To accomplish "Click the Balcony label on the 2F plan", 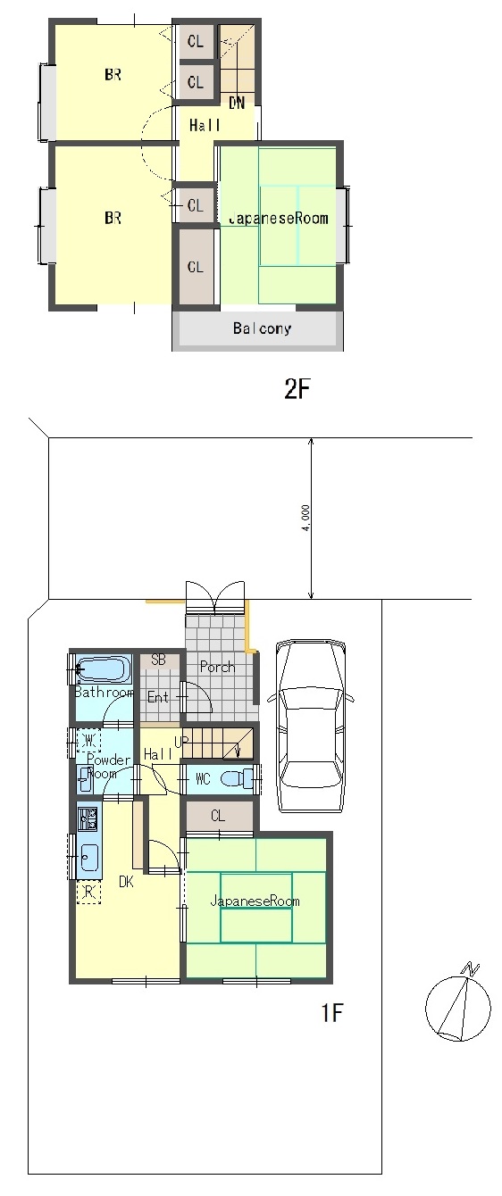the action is (x=262, y=328).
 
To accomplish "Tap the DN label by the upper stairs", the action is (x=237, y=103).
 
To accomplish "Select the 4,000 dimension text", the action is (x=305, y=518).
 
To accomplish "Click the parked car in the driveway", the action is (x=311, y=727).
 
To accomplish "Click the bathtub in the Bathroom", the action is (x=104, y=669).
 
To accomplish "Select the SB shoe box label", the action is (x=158, y=660).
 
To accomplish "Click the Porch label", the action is (x=217, y=667).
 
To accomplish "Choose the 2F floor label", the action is (x=297, y=390).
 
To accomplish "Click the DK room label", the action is (x=126, y=882).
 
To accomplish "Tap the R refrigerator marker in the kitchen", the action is (x=89, y=891).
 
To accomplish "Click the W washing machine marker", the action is (x=89, y=740).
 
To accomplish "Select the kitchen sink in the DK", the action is (x=88, y=858).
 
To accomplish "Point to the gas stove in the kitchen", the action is (x=88, y=818).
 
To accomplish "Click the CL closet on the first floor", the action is (x=218, y=815).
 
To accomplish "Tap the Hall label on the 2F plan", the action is (x=205, y=126).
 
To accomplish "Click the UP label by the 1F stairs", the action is (x=181, y=743).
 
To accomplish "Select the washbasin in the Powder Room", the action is (x=85, y=779).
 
